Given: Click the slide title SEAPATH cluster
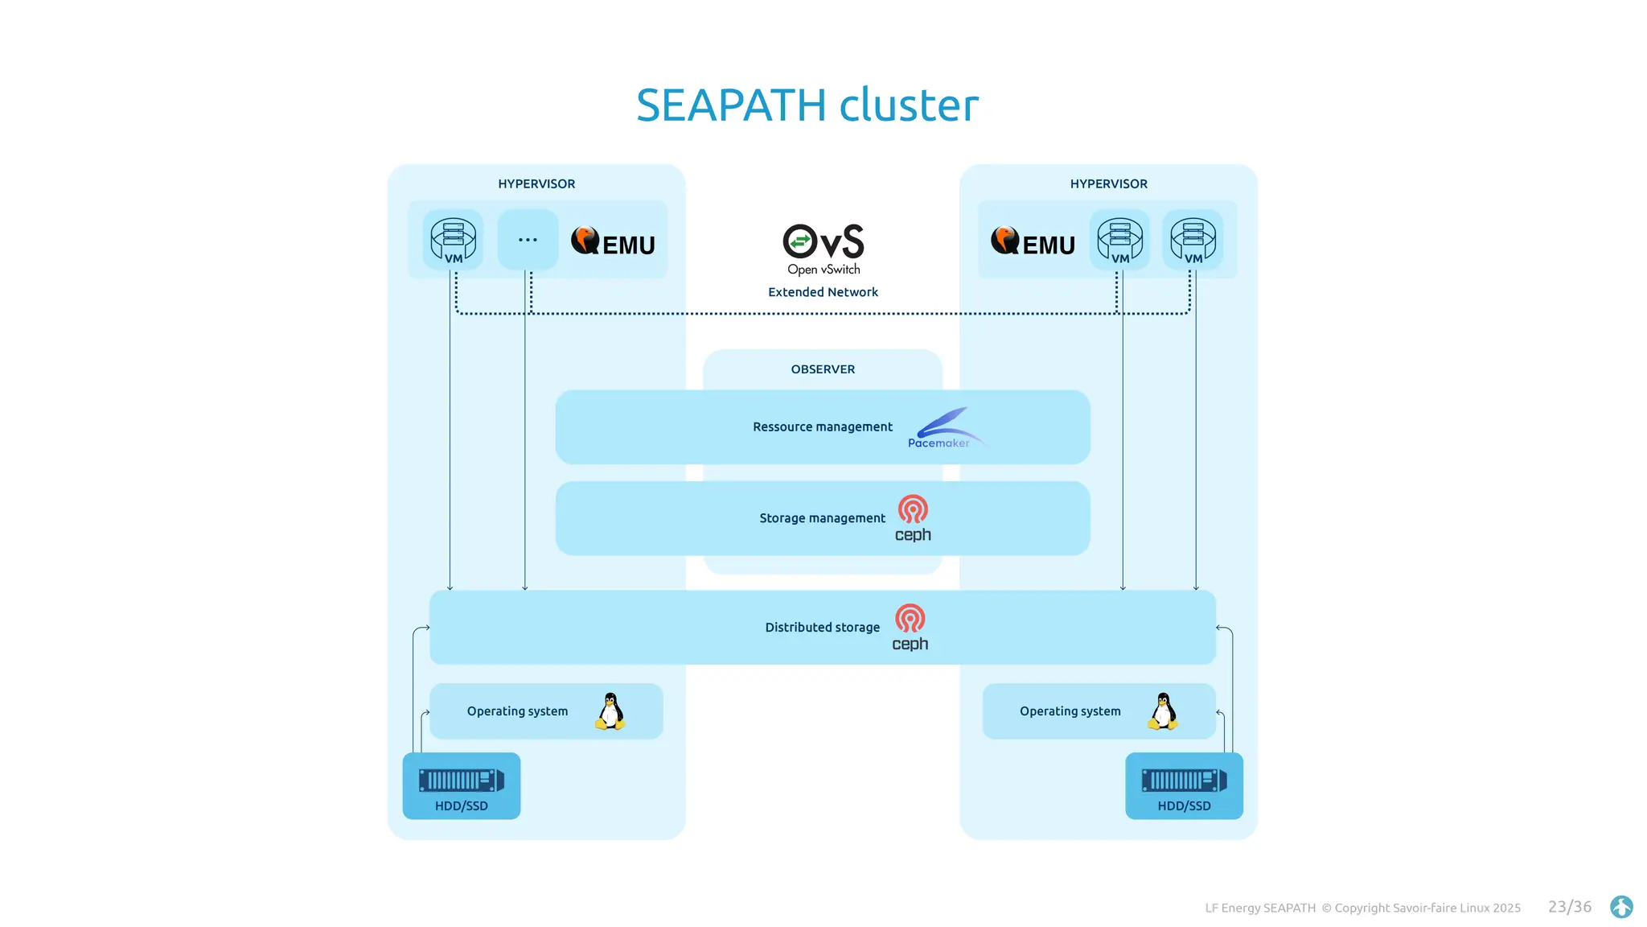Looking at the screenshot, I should point(807,105).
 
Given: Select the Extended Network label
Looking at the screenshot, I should point(823,292).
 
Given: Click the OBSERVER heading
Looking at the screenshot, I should point(823,369).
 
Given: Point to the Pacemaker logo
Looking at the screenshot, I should point(943,429).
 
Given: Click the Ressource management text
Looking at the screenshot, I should point(822,427).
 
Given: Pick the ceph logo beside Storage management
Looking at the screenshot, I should point(913,519).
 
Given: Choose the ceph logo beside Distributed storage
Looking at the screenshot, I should point(910,628).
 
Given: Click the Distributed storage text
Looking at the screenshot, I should point(822,628).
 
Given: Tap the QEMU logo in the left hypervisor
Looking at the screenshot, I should point(613,241).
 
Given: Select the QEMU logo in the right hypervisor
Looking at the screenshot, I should point(1033,241).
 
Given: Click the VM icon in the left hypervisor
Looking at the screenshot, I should point(454,240).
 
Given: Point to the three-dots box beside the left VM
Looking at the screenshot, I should point(528,240).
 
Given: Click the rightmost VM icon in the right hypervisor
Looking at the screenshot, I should point(1193,240).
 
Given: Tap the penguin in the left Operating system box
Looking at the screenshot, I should point(610,711).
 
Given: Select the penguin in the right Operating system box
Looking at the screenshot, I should point(1163,711).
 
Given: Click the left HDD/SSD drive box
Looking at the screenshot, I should point(462,786).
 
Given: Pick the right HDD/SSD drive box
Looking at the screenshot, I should point(1184,786).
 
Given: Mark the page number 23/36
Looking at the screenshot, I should point(1569,907).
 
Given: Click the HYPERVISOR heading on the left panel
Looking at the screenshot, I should point(536,184).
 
